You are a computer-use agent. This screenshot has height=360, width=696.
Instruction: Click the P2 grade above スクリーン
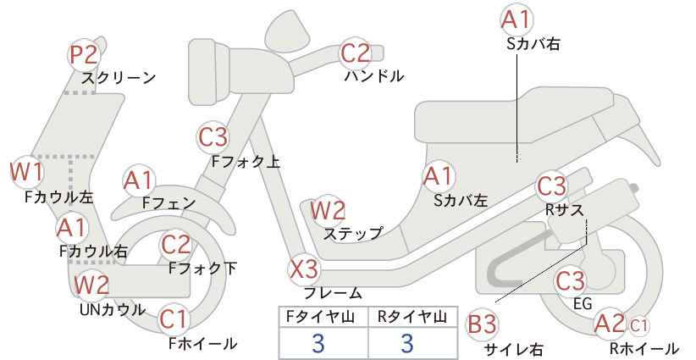point(84,55)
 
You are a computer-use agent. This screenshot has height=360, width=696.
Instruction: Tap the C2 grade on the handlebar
point(356,53)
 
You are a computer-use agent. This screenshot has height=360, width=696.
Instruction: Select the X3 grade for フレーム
point(304,269)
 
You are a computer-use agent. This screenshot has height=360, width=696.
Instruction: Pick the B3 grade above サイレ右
point(482,324)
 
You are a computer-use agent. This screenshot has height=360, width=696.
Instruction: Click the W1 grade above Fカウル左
point(26,172)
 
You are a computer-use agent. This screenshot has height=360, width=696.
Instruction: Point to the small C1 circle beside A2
point(638,326)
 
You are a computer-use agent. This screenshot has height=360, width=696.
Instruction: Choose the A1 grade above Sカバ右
point(516,19)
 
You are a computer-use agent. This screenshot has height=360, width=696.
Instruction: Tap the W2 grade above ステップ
point(328,210)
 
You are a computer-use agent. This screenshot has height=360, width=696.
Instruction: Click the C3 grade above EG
point(571,281)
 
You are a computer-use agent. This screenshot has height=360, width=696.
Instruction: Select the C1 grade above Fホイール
point(174,319)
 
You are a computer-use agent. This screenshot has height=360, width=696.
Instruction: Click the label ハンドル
point(374,76)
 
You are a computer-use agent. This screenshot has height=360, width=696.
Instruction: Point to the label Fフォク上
point(246,162)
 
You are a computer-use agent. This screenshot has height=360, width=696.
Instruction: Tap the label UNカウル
point(113,310)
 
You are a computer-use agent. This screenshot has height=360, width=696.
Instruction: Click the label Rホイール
point(644,348)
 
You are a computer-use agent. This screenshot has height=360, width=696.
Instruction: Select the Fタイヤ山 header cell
point(323,318)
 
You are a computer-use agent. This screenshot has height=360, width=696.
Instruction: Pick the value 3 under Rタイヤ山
point(407,343)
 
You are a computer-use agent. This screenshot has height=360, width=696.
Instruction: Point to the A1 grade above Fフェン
point(139,181)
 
